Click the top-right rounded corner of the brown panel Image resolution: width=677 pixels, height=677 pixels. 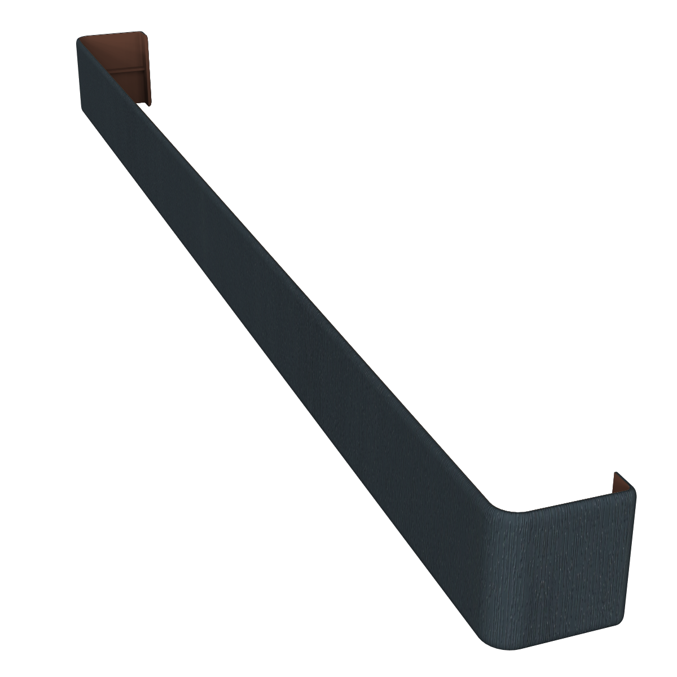151,35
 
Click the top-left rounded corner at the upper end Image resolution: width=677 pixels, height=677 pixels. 79,39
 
